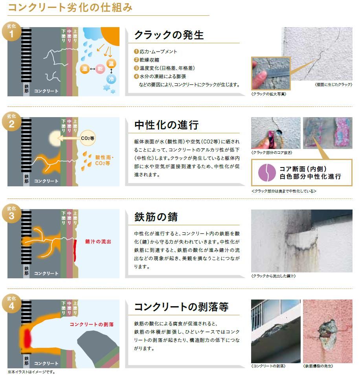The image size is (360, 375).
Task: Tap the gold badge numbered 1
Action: (11, 32)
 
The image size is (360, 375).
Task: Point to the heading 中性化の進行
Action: (167, 125)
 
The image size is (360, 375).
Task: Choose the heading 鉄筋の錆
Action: (156, 217)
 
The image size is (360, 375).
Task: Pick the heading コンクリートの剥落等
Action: (181, 307)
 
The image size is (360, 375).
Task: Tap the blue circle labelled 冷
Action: (111, 79)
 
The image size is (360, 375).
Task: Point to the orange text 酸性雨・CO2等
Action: (105, 160)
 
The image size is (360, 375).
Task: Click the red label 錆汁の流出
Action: (98, 241)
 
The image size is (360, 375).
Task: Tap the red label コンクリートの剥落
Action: (92, 324)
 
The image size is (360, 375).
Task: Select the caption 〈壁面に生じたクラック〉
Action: (333, 85)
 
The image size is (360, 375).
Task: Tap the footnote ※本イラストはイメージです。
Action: (31, 371)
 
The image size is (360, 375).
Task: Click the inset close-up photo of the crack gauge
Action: (270, 74)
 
